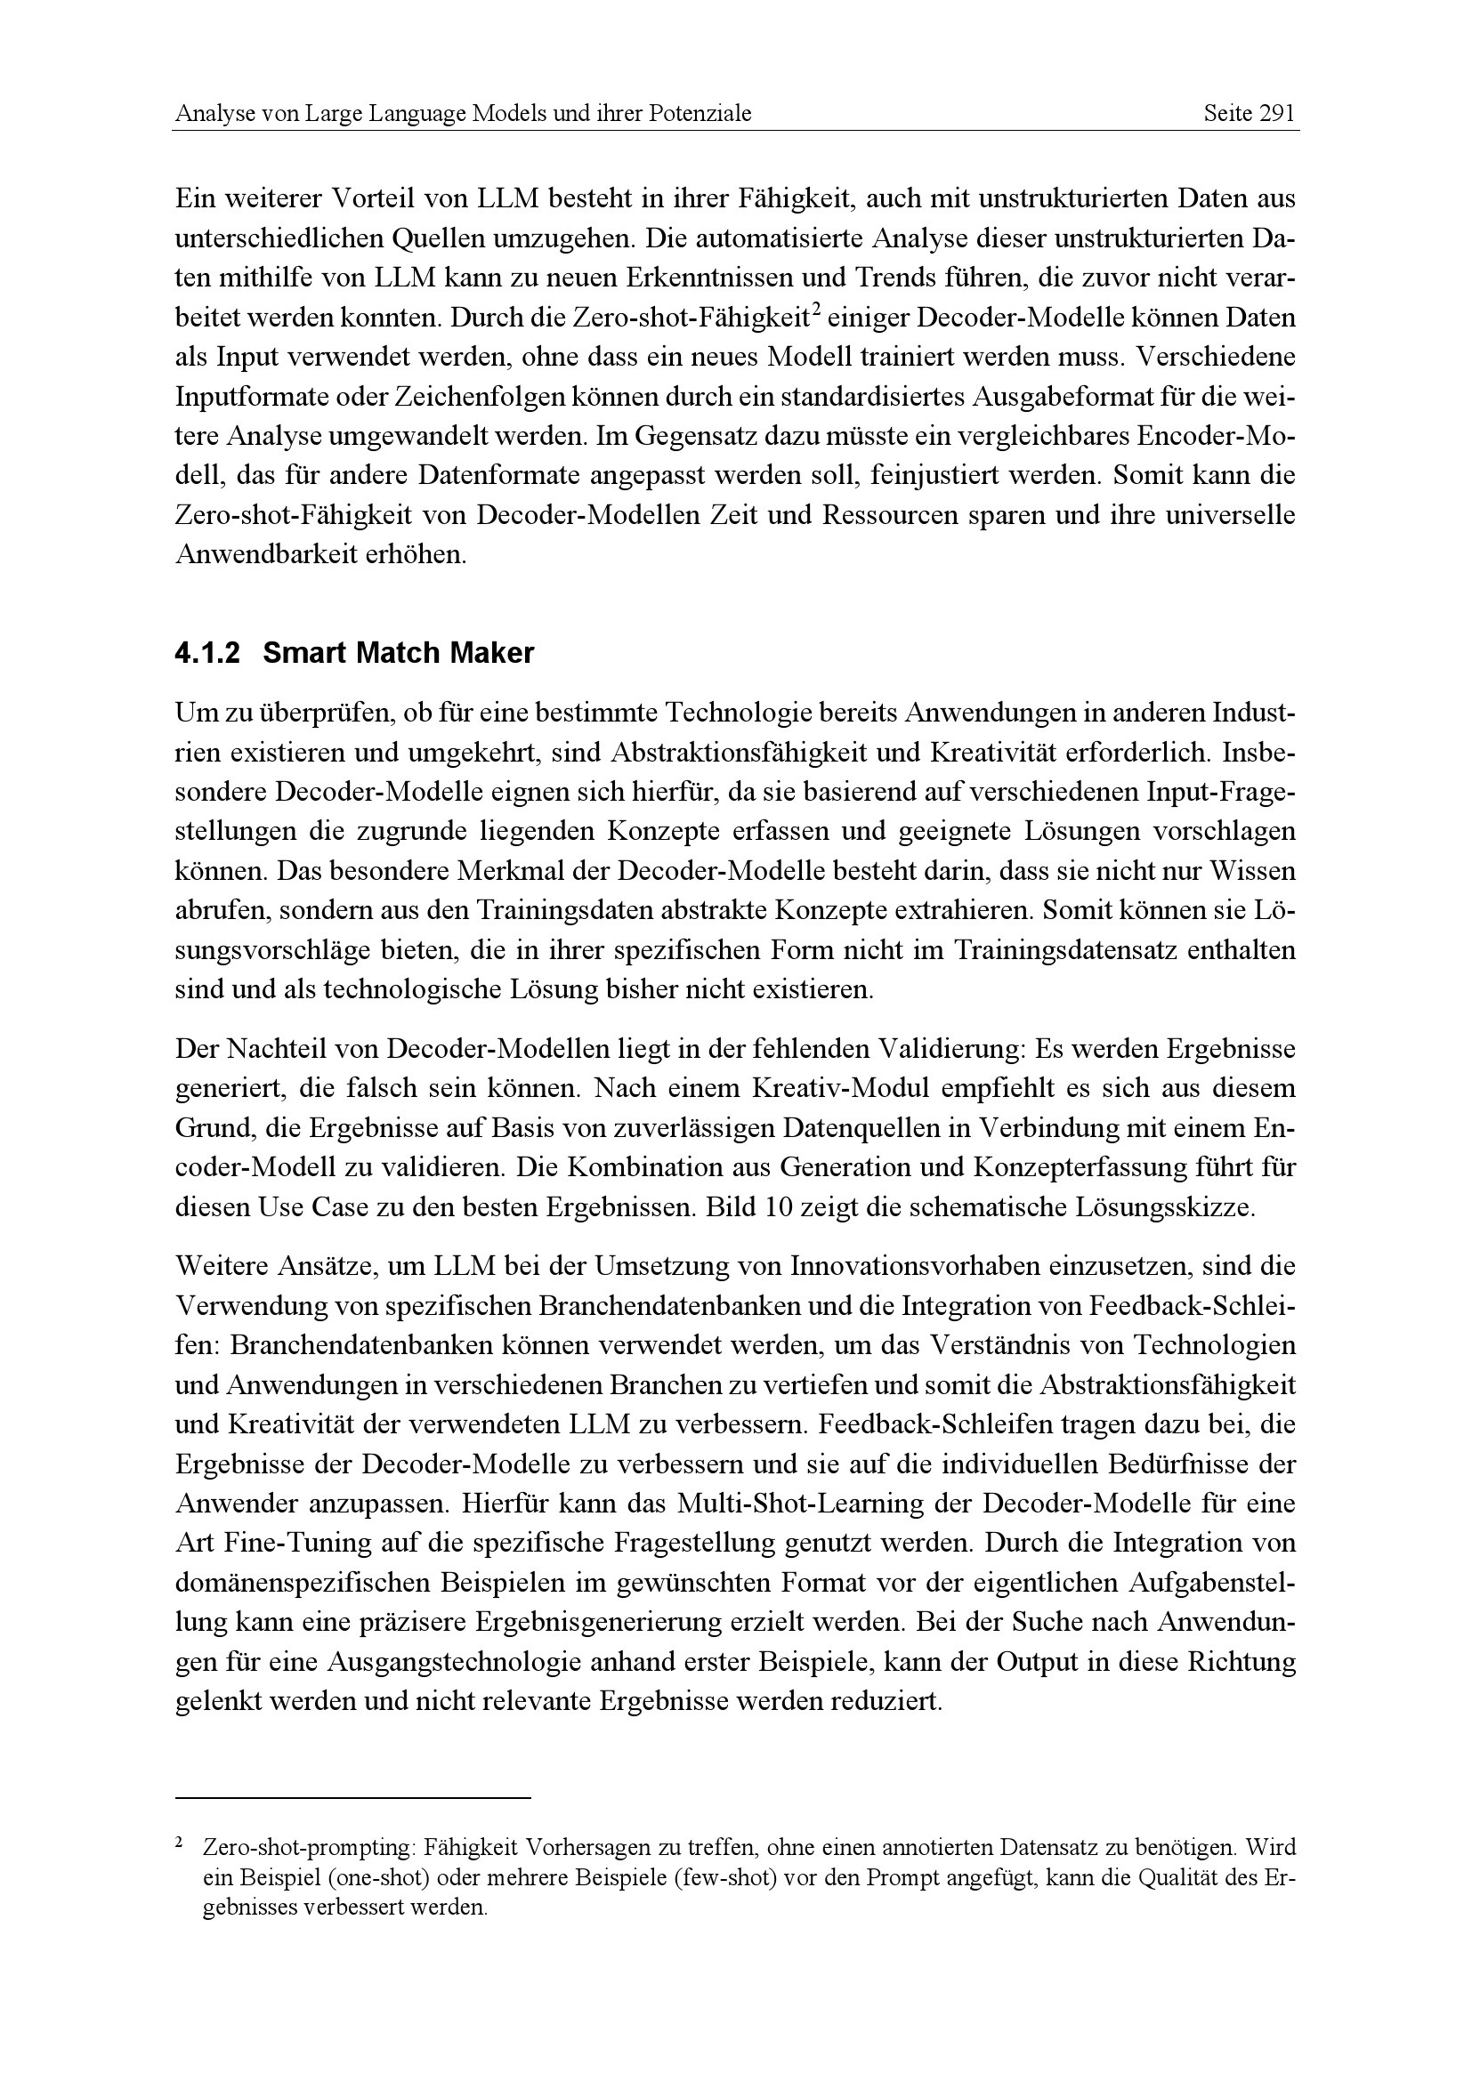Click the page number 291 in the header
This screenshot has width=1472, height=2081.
pos(1276,114)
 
